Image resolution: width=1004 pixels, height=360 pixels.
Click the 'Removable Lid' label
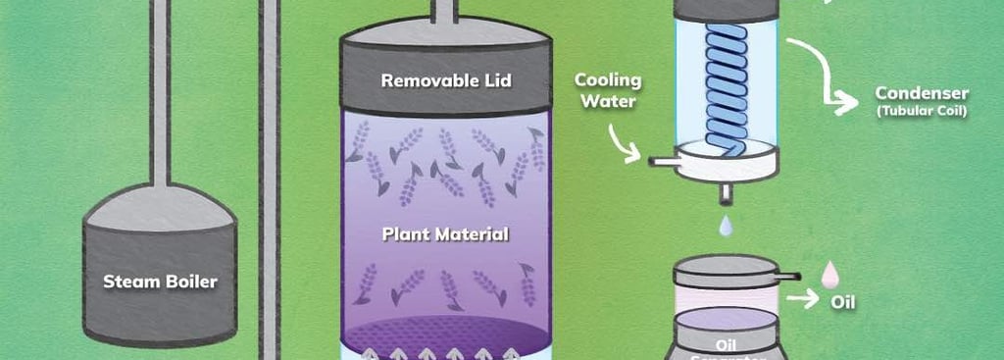pos(445,80)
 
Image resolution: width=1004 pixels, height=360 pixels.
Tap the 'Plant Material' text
pos(445,234)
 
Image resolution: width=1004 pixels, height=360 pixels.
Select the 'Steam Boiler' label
pos(161,282)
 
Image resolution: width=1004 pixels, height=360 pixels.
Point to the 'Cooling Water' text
pos(608,88)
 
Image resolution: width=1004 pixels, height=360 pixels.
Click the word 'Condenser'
pos(922,94)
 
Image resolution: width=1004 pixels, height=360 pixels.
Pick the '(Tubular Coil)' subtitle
pos(922,112)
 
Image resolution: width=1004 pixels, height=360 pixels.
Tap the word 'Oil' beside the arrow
pos(843,302)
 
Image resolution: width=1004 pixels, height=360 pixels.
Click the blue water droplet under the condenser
pos(725,227)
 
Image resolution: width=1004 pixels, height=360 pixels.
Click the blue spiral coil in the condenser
pos(728,88)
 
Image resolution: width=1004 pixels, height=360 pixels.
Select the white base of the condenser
pos(726,167)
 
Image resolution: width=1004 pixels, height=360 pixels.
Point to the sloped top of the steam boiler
pos(160,208)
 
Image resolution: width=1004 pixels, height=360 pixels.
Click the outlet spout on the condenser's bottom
pos(725,191)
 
